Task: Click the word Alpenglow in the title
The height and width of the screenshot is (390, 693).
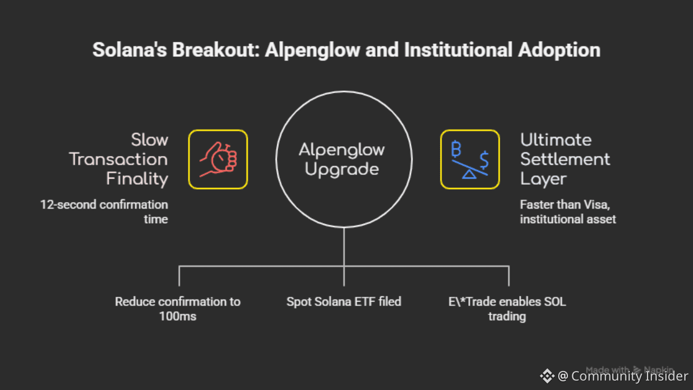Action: pyautogui.click(x=312, y=50)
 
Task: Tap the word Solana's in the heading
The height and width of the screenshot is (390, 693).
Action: pyautogui.click(x=129, y=50)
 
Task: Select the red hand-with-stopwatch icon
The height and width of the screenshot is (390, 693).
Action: pyautogui.click(x=218, y=159)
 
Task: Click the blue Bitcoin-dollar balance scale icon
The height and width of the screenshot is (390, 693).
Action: pyautogui.click(x=470, y=159)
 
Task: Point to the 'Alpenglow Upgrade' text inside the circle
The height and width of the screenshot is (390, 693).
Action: pyautogui.click(x=342, y=159)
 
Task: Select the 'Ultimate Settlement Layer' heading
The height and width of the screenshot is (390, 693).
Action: pyautogui.click(x=565, y=159)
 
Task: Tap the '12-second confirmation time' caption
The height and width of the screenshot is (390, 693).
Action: pyautogui.click(x=104, y=212)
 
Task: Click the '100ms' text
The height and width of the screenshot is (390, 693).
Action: pyautogui.click(x=178, y=316)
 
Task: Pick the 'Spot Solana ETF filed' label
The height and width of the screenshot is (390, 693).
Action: pyautogui.click(x=344, y=302)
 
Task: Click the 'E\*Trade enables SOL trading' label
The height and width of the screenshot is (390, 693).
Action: pyautogui.click(x=507, y=309)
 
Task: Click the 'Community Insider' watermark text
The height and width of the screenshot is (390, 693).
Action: pyautogui.click(x=629, y=376)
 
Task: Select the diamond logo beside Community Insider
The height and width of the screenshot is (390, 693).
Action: pyautogui.click(x=547, y=376)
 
